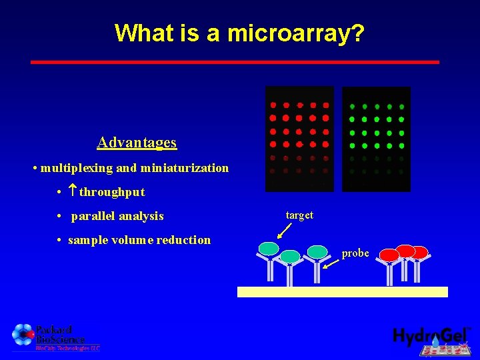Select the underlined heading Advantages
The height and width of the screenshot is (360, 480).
[137, 142]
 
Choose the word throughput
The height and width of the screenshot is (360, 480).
[112, 192]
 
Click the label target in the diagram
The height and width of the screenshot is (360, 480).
[299, 215]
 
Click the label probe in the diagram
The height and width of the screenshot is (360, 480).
[355, 253]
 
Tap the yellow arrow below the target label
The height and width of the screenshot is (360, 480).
[284, 231]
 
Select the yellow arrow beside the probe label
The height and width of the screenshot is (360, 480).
[331, 262]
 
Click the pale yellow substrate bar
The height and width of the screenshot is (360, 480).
[343, 291]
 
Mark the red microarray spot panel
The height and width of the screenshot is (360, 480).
[299, 138]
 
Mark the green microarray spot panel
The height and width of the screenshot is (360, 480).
[376, 139]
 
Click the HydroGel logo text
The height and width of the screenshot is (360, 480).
[429, 336]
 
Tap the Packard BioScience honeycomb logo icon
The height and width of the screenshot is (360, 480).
[23, 335]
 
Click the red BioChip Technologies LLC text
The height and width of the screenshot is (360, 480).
[67, 347]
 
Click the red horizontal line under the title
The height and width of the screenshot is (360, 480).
[235, 62]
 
